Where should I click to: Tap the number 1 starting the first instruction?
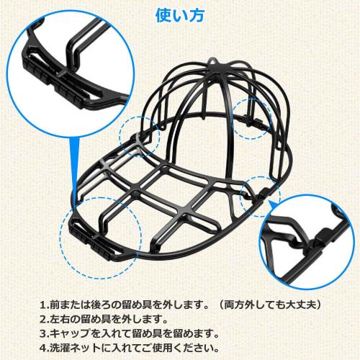click(x=45, y=305)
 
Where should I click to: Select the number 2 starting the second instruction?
click(x=45, y=319)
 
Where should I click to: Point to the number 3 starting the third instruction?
click(x=45, y=333)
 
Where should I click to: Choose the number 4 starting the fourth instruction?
click(x=45, y=348)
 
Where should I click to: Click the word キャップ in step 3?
click(x=76, y=333)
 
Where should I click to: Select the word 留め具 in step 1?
click(x=122, y=305)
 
